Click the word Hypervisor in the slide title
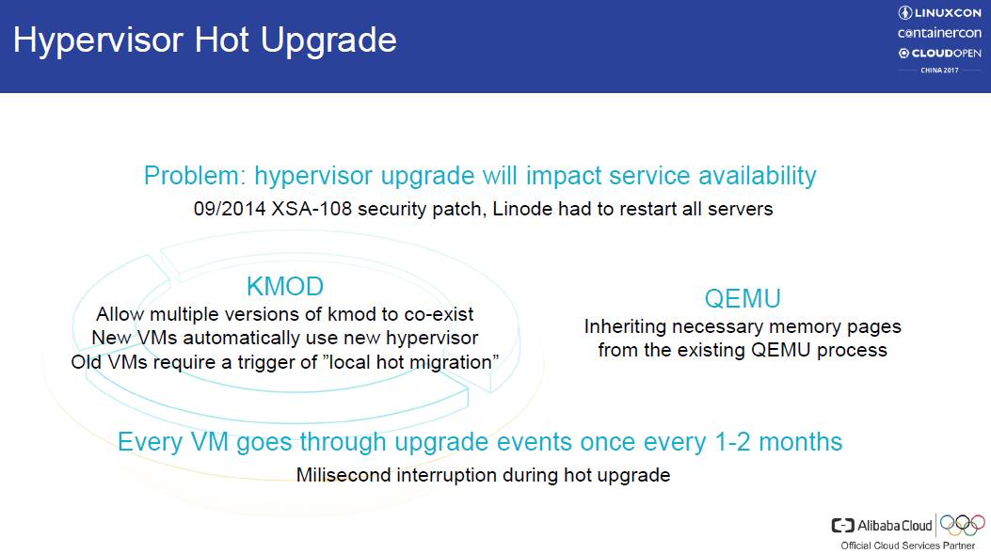tap(98, 40)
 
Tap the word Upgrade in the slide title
tap(328, 40)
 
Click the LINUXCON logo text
tap(940, 12)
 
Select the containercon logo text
tap(940, 33)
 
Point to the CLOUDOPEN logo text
tap(940, 53)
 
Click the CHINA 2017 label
tap(939, 71)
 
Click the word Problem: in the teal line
tap(195, 176)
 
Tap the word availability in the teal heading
tap(758, 176)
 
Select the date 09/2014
tap(230, 209)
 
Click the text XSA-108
tap(312, 209)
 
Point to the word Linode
tap(521, 209)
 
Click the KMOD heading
tap(285, 287)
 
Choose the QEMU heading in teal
tap(743, 299)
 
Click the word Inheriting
tap(624, 326)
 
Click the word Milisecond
tap(344, 475)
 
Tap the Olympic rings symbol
tap(963, 524)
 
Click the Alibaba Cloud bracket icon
tap(842, 526)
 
